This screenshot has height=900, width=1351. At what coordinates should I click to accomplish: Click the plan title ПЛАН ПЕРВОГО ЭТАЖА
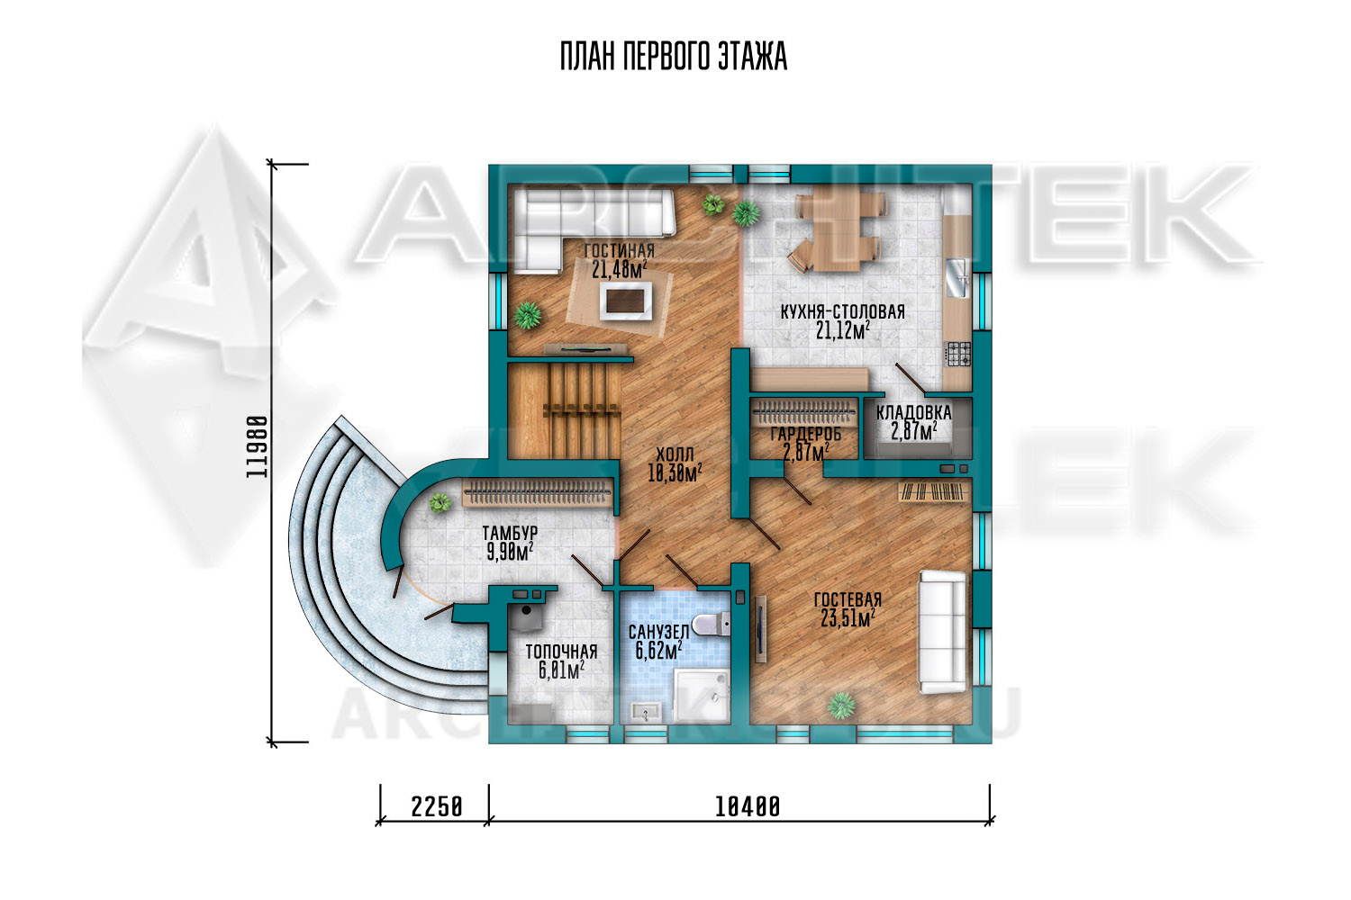[x=674, y=57]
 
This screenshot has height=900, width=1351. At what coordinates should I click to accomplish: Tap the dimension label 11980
[x=257, y=446]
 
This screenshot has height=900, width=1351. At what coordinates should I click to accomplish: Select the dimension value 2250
[x=437, y=806]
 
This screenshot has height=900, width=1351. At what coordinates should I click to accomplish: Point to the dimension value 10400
[x=748, y=806]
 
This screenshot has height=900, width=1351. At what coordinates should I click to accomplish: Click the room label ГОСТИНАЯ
[x=620, y=250]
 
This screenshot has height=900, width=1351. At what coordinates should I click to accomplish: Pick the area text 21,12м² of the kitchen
[x=843, y=330]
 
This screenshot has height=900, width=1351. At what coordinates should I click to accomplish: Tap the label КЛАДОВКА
[x=914, y=413]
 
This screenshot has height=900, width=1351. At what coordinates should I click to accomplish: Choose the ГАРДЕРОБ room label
[x=806, y=434]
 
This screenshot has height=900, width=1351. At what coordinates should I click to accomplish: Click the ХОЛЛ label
[x=675, y=454]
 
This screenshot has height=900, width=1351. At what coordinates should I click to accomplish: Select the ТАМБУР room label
[x=510, y=533]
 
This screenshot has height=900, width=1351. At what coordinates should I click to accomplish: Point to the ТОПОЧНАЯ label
[x=561, y=652]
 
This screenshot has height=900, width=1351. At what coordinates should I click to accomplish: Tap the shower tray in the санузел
[x=702, y=695]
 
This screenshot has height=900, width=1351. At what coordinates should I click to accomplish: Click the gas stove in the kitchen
[x=957, y=354]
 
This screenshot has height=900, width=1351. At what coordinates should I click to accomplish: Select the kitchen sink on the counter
[x=957, y=278]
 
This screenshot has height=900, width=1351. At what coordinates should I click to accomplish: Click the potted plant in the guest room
[x=840, y=706]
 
